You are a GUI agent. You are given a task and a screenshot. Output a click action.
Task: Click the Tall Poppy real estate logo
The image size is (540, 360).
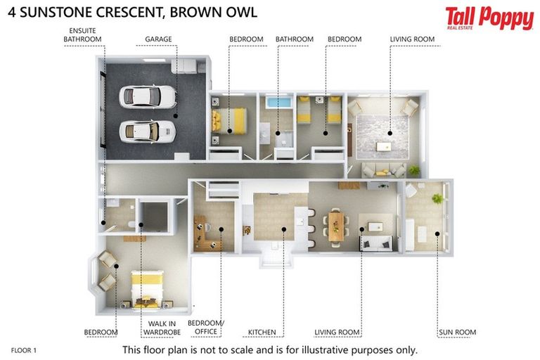pos(489,18)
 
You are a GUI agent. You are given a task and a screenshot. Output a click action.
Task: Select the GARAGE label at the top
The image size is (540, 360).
pos(158,39)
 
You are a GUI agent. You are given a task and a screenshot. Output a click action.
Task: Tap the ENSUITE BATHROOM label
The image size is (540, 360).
pos(82,34)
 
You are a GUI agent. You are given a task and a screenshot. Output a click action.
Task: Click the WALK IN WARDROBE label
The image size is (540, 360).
pos(162,328)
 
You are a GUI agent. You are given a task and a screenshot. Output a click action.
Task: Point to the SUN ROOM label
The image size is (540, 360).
pos(456,332)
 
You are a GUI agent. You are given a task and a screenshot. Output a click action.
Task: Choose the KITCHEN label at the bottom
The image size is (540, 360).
pos(262,332)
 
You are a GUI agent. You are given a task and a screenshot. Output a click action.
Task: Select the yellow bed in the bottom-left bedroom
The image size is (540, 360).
pos(148,288)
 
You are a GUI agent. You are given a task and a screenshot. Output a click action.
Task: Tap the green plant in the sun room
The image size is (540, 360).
pos(437,199)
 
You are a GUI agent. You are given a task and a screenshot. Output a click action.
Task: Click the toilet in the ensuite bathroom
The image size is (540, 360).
pos(131,225)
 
